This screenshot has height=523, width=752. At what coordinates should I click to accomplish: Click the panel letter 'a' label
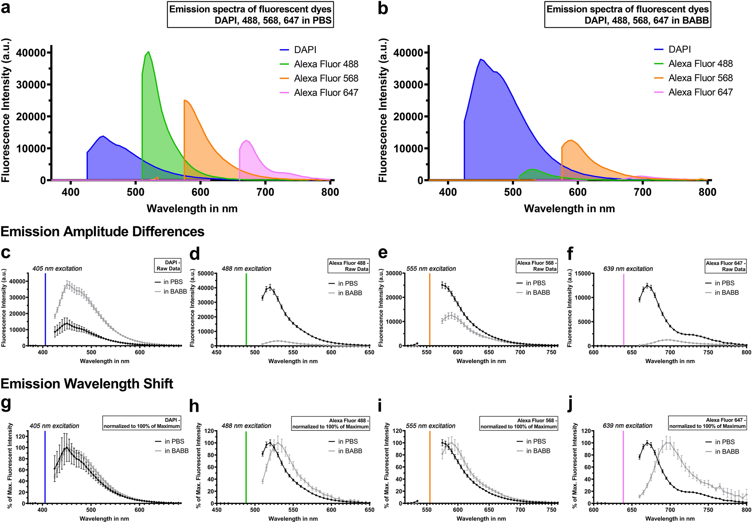pos(6,8)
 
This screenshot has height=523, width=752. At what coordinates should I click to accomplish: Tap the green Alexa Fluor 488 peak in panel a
pos(149,52)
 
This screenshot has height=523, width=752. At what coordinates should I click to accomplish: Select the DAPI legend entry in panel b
pos(680,49)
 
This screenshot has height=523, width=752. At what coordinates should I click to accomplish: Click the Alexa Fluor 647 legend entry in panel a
pos(326,93)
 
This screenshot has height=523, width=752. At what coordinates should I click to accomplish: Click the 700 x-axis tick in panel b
pos(643,193)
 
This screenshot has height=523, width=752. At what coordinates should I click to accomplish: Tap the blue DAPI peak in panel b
pos(481,59)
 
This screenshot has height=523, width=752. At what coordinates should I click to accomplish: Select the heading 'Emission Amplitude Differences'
pos(102,232)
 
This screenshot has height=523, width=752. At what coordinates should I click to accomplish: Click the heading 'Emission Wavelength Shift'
pos(87,384)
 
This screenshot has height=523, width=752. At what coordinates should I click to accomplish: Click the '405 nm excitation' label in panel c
pos(57,269)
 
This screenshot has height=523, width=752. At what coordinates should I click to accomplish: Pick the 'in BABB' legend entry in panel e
pos(538,293)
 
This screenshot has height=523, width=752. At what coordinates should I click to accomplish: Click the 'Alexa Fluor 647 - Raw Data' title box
pos(726,266)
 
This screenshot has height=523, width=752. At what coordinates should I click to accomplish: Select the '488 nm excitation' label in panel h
pos(246,426)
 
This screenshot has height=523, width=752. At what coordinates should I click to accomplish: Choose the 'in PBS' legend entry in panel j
pos(725,442)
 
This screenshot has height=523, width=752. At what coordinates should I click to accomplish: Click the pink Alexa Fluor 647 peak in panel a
pos(246,140)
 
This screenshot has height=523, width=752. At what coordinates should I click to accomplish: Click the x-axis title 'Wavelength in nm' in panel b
pos(569,209)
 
